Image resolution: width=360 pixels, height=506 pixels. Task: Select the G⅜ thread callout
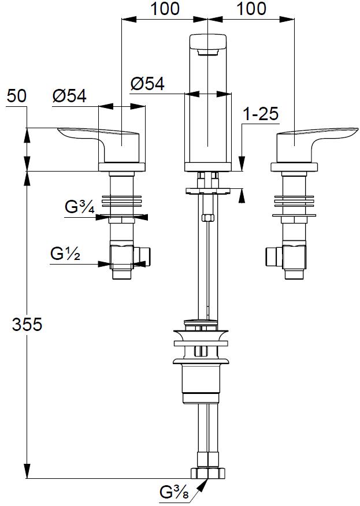pos(173,493)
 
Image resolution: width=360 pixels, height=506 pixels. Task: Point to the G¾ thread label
pos(79,207)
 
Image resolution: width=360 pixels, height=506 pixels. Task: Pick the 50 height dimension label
pos(17,96)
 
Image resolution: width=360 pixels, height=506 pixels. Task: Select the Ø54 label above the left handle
pos(69,96)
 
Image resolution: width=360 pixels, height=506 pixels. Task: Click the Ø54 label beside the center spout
pos(147,84)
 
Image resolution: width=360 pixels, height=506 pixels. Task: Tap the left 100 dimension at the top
pos(165,9)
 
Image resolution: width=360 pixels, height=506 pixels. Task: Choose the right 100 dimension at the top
pos(252,9)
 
